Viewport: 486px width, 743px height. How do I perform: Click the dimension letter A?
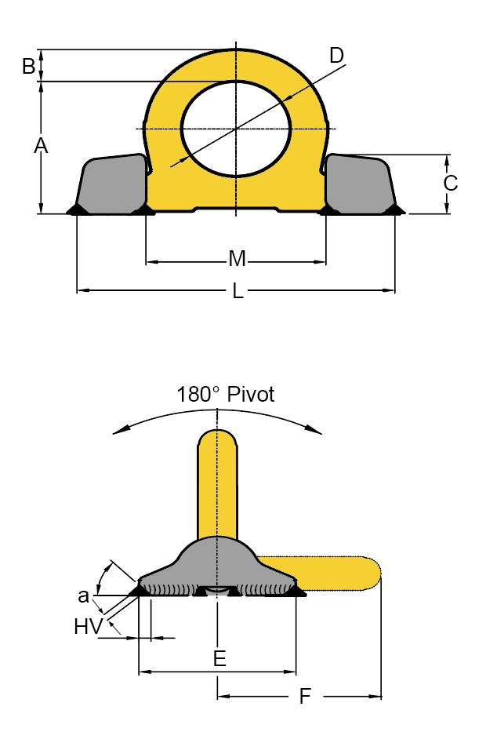[x=40, y=145]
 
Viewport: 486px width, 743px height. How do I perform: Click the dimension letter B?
[x=29, y=67]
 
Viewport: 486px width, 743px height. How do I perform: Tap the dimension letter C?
[x=450, y=183]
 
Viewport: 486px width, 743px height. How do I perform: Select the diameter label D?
[x=336, y=55]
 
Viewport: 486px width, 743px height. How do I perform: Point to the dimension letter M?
[x=237, y=259]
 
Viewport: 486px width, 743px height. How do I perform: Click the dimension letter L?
[x=238, y=291]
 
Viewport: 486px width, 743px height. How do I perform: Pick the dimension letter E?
[x=219, y=659]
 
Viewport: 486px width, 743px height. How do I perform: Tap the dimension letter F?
[x=305, y=696]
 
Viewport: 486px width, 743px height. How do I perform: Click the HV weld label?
[x=87, y=626]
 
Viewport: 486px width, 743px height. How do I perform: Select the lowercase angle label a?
[x=83, y=595]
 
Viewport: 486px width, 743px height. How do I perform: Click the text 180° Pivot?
[x=226, y=394]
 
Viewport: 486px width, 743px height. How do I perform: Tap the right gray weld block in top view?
[x=361, y=184]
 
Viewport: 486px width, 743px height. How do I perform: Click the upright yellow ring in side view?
[x=216, y=479]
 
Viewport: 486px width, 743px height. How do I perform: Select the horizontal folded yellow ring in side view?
[x=329, y=572]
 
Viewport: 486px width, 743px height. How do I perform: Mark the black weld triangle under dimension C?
[x=394, y=209]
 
